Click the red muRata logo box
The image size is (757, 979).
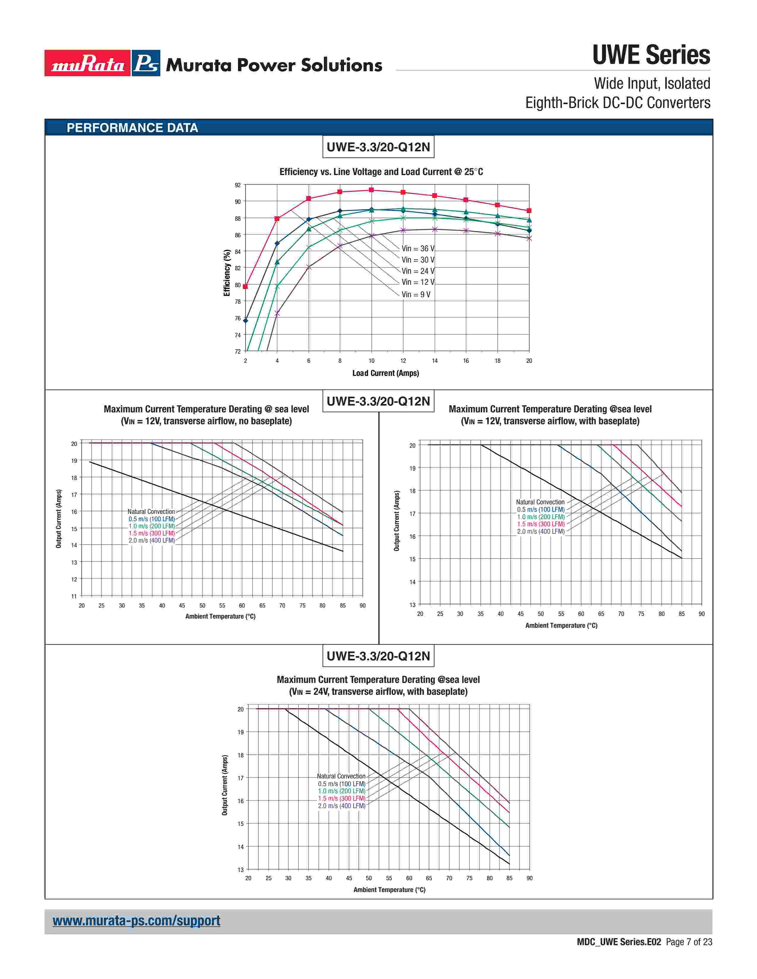[x=88, y=63]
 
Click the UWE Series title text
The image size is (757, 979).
[x=651, y=55]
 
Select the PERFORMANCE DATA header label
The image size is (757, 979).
[x=132, y=128]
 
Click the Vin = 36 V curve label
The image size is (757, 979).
[x=417, y=248]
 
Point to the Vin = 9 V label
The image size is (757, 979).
[x=416, y=295]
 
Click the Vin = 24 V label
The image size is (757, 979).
[x=417, y=271]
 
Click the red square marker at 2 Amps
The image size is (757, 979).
[x=245, y=287]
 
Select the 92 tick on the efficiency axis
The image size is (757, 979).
[x=238, y=185]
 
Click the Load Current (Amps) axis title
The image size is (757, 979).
[x=385, y=373]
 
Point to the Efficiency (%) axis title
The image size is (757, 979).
[x=227, y=273]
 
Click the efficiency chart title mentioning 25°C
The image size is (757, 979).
[x=381, y=172]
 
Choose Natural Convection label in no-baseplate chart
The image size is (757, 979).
[x=151, y=511]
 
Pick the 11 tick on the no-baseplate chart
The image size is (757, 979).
[x=74, y=596]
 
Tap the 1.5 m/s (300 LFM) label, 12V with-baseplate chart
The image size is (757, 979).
[x=540, y=524]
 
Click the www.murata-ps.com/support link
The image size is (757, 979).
[x=136, y=921]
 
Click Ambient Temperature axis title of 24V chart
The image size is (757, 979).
[x=389, y=890]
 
